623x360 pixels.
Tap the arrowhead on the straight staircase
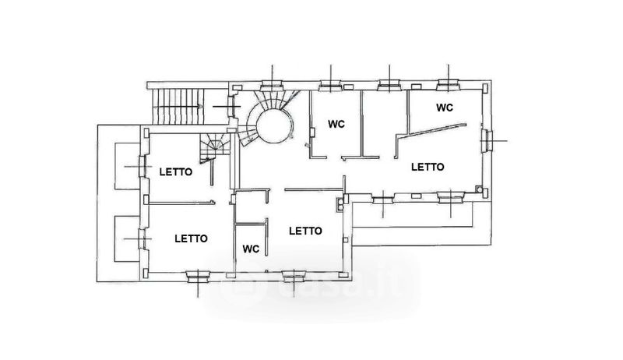click(x=200, y=107)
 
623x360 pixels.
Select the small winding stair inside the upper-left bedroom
click(x=215, y=147)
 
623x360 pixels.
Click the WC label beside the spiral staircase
click(x=336, y=124)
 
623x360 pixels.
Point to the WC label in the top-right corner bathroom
click(x=444, y=108)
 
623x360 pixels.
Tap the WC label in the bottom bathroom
click(x=251, y=249)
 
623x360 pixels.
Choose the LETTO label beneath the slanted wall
click(x=428, y=167)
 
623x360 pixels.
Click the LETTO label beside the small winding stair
click(x=176, y=172)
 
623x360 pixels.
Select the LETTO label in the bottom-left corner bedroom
click(x=191, y=238)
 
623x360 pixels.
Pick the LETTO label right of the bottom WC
click(x=305, y=231)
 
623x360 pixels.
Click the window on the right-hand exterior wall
click(x=487, y=141)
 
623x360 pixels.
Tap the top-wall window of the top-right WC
click(x=449, y=85)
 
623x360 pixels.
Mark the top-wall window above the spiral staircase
click(x=272, y=86)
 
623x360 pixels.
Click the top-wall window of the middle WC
click(x=331, y=86)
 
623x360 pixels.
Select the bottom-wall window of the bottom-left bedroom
click(x=198, y=276)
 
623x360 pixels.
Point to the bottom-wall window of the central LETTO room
click(x=294, y=276)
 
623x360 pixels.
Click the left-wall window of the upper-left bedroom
click(x=143, y=166)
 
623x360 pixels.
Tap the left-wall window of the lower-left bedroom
click(x=143, y=238)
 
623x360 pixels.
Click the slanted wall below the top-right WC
click(x=431, y=131)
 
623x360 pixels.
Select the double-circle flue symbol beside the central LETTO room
click(x=340, y=204)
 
